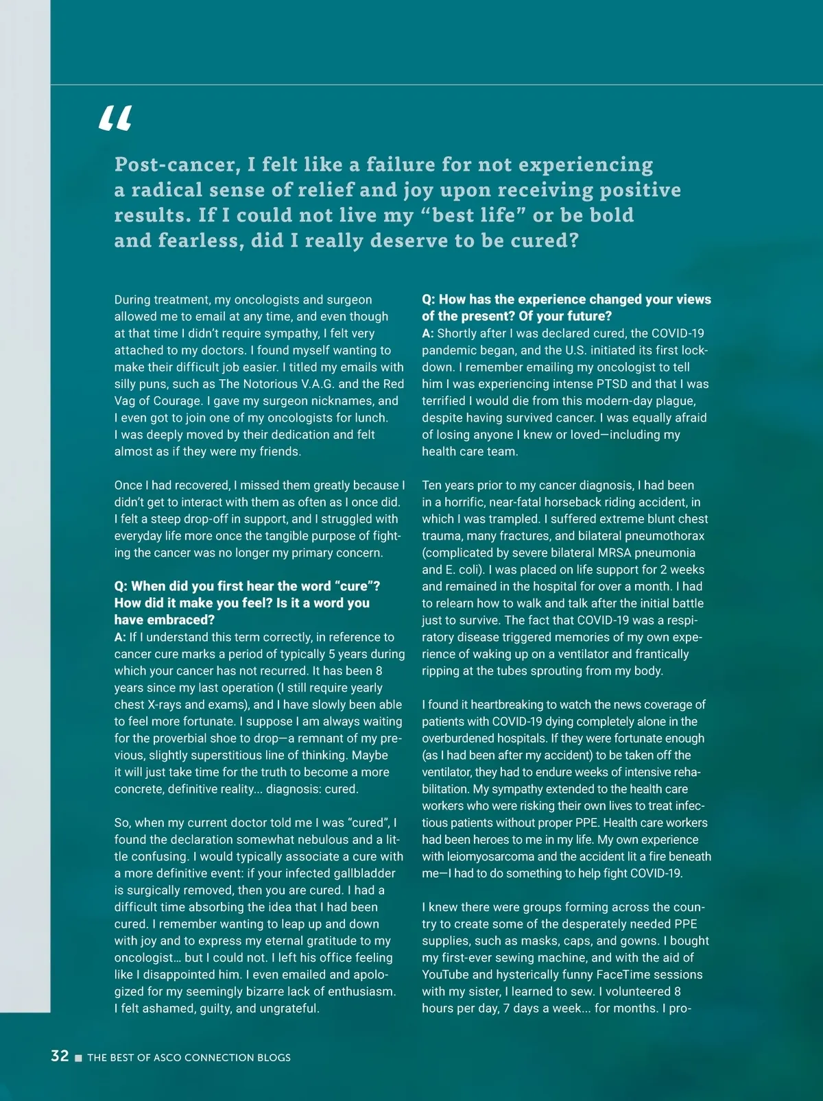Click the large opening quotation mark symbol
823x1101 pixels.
pos(115,119)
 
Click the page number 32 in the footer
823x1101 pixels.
pos(60,1056)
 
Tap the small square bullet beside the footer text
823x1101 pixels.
pos(78,1058)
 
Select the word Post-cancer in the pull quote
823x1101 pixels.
pos(177,165)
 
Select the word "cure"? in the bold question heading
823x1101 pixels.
pos(357,586)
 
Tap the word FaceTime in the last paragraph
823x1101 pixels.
pos(628,975)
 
